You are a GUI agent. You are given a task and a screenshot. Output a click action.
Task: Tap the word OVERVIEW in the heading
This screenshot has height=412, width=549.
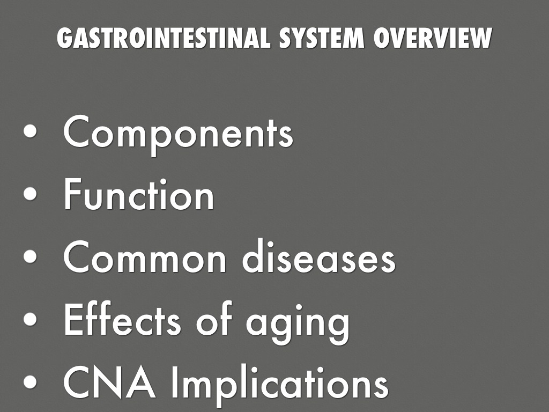432,38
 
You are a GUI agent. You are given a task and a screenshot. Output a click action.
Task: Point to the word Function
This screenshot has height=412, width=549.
139,196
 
